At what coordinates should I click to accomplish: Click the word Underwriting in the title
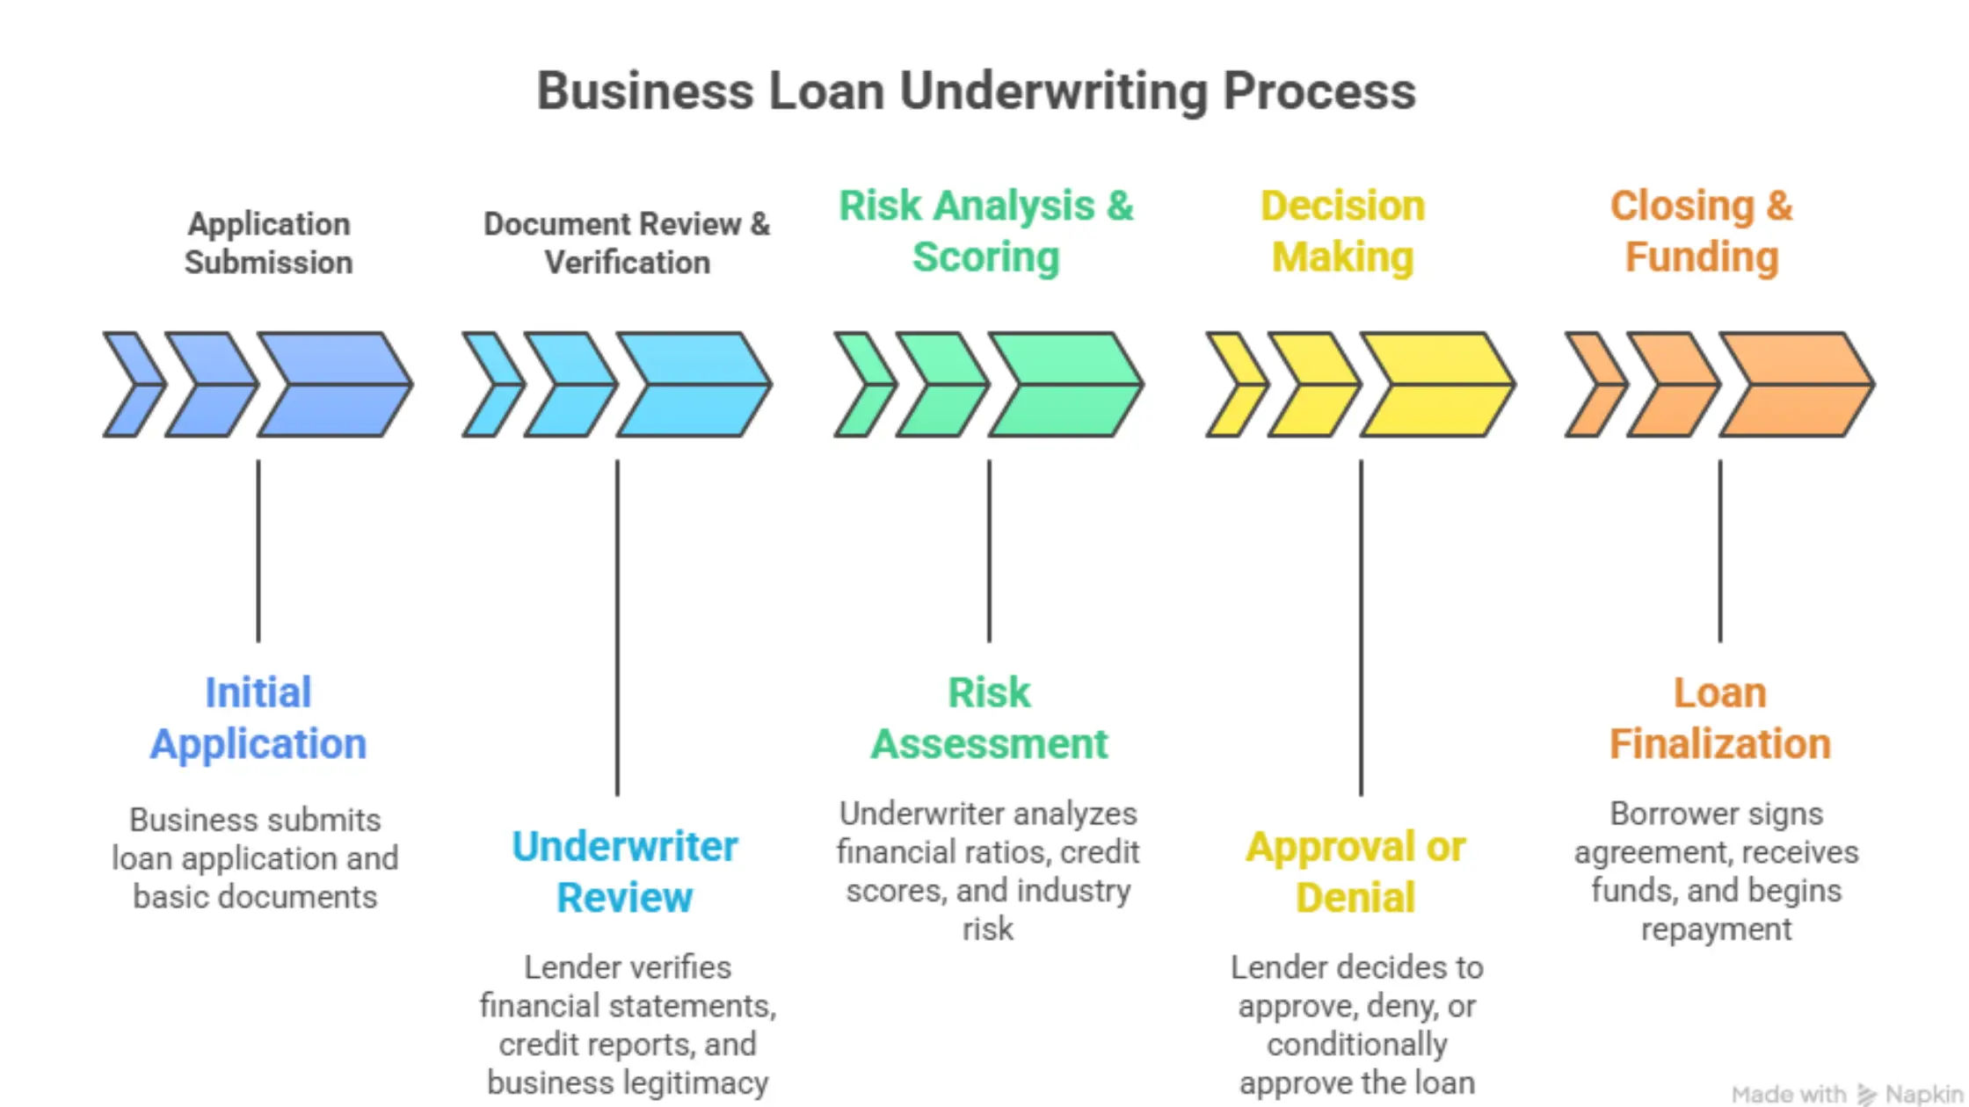tap(1053, 91)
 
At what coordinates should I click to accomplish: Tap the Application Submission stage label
tap(268, 243)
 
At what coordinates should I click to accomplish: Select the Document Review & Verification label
tap(627, 243)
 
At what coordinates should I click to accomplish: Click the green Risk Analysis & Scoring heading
tap(985, 231)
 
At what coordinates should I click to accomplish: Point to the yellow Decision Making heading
tap(1342, 231)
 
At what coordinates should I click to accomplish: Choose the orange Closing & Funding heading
tap(1701, 231)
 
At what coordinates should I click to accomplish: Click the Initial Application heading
tap(258, 718)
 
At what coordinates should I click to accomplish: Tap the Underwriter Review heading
tap(624, 872)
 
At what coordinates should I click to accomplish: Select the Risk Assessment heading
tap(989, 718)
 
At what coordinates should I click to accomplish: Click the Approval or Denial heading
tap(1355, 872)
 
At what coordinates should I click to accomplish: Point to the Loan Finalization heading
tap(1719, 718)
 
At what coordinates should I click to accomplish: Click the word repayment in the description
tap(1716, 930)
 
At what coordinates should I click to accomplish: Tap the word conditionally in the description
tap(1356, 1045)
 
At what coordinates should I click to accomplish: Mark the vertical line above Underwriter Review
tap(617, 628)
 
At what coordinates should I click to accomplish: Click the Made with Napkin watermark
tap(1846, 1094)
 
